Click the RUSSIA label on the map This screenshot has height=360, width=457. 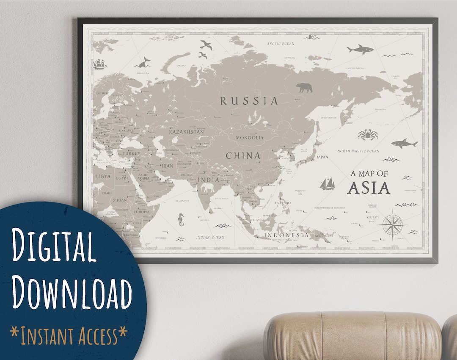click(x=249, y=101)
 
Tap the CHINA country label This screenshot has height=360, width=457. click(x=243, y=156)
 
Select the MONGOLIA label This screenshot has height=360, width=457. click(x=250, y=138)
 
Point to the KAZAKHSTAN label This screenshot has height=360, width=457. click(x=186, y=132)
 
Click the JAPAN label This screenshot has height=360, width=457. click(x=322, y=157)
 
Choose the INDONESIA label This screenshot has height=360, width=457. click(x=286, y=235)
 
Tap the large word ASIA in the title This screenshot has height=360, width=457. click(x=369, y=188)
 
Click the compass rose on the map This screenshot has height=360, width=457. click(x=392, y=223)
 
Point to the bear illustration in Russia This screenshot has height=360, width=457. click(x=304, y=88)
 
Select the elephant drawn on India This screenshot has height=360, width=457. click(x=207, y=188)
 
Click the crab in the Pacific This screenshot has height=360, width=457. click(x=367, y=135)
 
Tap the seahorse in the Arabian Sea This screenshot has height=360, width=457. click(x=181, y=219)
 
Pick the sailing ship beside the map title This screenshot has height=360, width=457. click(x=328, y=183)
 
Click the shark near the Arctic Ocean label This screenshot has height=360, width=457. click(x=361, y=50)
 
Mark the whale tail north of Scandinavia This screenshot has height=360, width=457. click(x=143, y=63)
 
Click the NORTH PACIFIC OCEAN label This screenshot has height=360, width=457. click(x=358, y=151)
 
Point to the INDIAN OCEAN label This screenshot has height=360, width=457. click(x=210, y=237)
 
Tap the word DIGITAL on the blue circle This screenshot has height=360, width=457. click(x=54, y=246)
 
